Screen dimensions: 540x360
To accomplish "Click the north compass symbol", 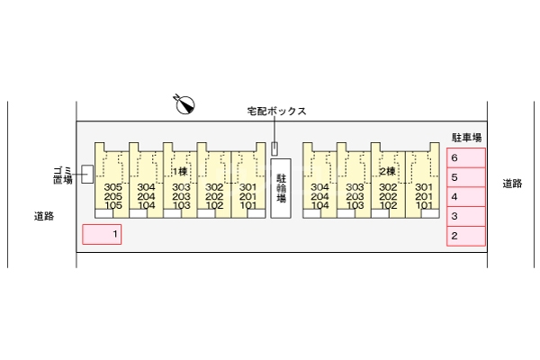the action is click(x=184, y=104).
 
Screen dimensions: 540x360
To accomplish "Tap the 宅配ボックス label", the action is click(x=276, y=112).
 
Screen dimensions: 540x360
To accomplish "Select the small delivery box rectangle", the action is click(x=274, y=148).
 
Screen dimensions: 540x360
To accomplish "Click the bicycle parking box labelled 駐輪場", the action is click(x=281, y=188).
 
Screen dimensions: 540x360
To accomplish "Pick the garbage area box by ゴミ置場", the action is click(x=87, y=174).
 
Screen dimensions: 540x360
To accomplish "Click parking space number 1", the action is click(x=102, y=234).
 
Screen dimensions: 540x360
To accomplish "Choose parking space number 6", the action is click(x=466, y=157).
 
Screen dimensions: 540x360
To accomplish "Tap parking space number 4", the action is click(x=466, y=197).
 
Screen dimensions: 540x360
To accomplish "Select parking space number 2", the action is click(x=466, y=236).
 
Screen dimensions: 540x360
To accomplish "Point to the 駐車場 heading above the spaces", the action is click(x=466, y=138).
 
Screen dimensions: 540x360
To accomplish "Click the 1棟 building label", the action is click(x=180, y=171).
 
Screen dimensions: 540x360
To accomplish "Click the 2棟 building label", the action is click(x=387, y=171).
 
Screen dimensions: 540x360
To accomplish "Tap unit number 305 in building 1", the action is click(x=113, y=187).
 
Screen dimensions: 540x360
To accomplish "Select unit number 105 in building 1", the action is click(x=113, y=206).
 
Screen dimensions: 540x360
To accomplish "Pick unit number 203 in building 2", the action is click(x=355, y=197).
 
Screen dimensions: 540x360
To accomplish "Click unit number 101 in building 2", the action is click(x=424, y=206).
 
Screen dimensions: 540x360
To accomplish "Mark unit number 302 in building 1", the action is click(x=214, y=187).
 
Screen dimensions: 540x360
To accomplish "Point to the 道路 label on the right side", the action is click(x=512, y=184).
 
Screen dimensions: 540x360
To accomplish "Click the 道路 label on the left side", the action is click(x=44, y=216).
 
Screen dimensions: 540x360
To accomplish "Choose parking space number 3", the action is click(x=466, y=216).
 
